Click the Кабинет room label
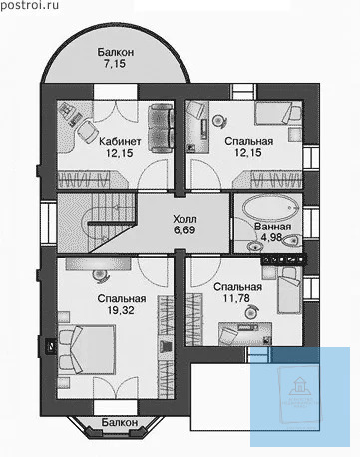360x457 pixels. pos(120,141)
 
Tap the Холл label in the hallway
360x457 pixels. pos(184,219)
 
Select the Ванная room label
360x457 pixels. pos(273,227)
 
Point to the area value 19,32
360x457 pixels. pos(121,310)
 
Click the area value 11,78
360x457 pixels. pos(236,298)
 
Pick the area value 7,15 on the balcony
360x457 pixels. pos(115,63)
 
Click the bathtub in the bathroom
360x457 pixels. pos(271,208)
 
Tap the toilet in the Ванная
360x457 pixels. pos(291,240)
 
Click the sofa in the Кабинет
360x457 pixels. pos(162,128)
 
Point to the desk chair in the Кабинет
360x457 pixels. pos(87,131)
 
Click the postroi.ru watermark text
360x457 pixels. pos(30,5)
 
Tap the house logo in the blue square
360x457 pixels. pos(299,385)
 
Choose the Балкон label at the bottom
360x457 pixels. pos(120,422)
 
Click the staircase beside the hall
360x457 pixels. pos(97,223)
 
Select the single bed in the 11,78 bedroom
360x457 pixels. pos(289,290)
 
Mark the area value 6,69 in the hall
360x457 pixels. pos(184,229)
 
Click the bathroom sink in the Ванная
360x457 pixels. pos(254,246)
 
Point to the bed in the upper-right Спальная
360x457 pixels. pos(278,113)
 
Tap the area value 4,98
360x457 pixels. pos(271,238)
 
